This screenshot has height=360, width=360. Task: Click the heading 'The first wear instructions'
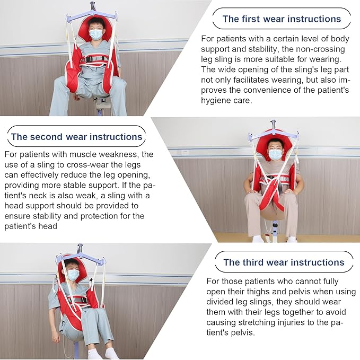282,19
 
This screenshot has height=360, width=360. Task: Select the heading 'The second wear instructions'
77,136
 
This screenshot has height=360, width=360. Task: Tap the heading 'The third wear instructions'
284,262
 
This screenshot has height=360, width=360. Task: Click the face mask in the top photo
95,34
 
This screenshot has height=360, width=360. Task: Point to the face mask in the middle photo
275,154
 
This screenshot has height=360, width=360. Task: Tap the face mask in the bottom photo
73,275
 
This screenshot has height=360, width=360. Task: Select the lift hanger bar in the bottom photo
80,258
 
